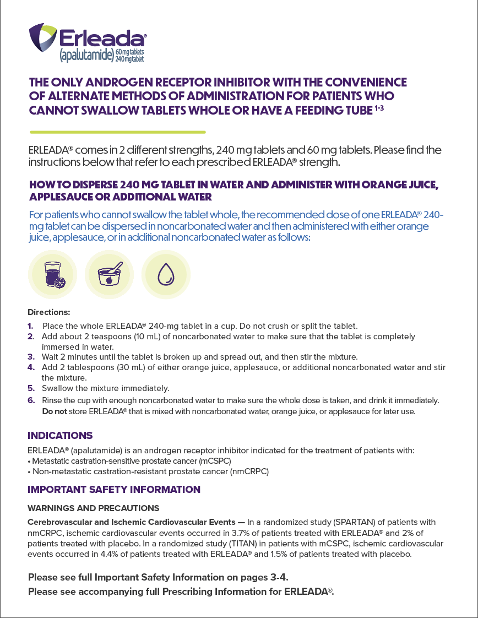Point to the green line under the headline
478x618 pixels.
pyautogui.click(x=117, y=132)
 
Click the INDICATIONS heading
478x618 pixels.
pyautogui.click(x=60, y=436)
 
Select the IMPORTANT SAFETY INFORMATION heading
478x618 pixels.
pyautogui.click(x=114, y=490)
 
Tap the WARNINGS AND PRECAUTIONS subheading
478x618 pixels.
pyautogui.click(x=93, y=508)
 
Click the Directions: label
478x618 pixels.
pyautogui.click(x=48, y=312)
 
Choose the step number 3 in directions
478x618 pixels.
pyautogui.click(x=31, y=356)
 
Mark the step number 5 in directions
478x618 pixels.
pyautogui.click(x=31, y=388)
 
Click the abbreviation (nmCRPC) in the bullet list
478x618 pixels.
pyautogui.click(x=249, y=471)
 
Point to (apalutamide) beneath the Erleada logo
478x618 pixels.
pyautogui.click(x=86, y=55)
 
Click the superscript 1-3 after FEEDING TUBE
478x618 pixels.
pyautogui.click(x=379, y=108)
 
